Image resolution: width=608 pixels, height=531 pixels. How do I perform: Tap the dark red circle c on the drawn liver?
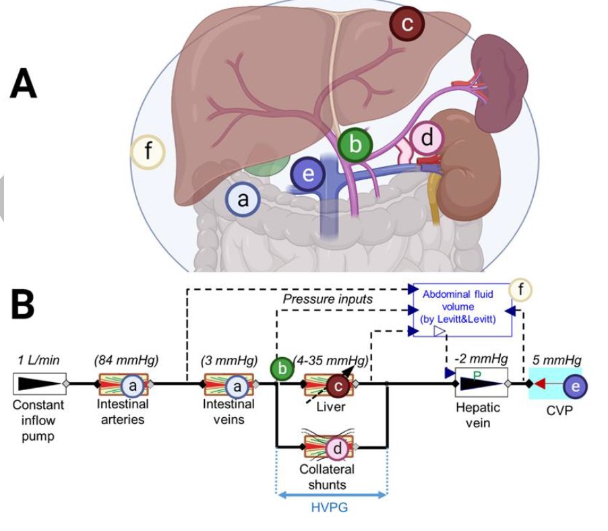(406, 24)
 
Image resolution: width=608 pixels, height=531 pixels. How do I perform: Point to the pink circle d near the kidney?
(427, 139)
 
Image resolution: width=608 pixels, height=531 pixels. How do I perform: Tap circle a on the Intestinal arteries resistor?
(133, 385)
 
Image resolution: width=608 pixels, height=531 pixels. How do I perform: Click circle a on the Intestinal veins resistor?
(237, 385)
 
